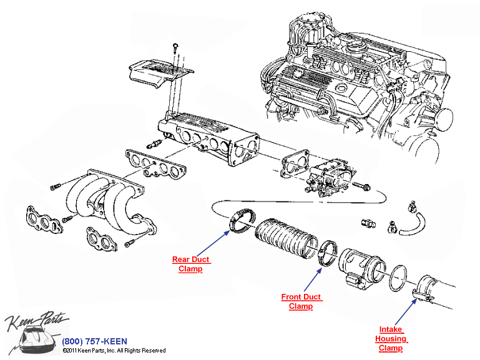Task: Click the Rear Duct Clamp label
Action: [190, 264]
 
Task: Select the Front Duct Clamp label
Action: [300, 302]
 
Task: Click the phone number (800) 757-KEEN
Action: [95, 341]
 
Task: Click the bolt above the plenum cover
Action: [175, 47]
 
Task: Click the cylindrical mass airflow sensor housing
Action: [361, 268]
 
